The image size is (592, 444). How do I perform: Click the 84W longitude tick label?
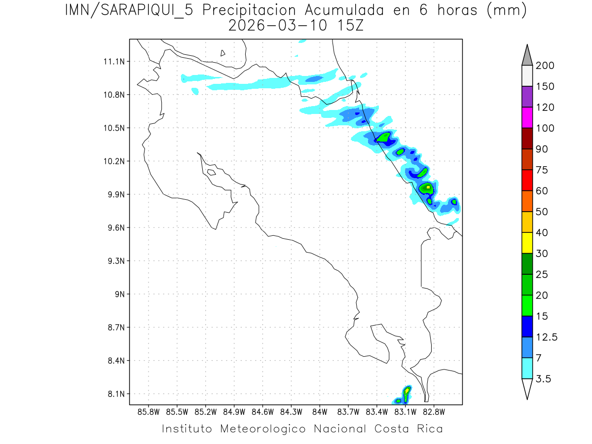[320, 411]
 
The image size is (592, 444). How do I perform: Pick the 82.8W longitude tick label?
[434, 411]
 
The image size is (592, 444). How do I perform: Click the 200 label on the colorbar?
[545, 66]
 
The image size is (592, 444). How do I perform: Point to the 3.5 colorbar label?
[544, 379]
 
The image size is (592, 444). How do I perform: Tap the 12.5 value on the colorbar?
[547, 337]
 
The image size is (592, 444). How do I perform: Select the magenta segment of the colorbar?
[527, 117]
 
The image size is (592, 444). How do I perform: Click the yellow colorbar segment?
[527, 243]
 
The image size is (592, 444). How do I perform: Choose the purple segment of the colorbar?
[527, 97]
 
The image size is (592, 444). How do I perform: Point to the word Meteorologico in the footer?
[266, 429]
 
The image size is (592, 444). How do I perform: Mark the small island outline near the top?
[223, 53]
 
